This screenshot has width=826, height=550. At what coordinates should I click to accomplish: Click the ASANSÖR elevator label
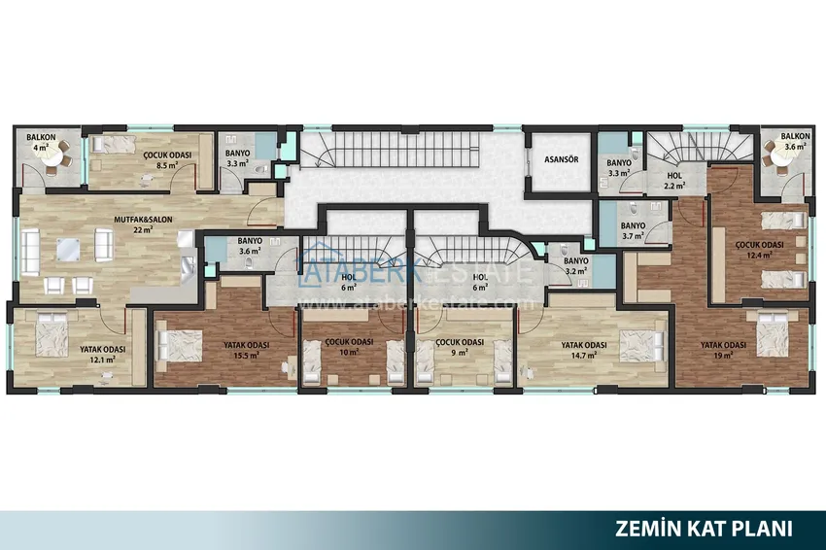pyautogui.click(x=561, y=159)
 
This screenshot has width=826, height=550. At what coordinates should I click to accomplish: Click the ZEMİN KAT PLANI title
pyautogui.click(x=704, y=529)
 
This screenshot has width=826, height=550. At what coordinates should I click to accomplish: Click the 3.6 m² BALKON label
pyautogui.click(x=796, y=141)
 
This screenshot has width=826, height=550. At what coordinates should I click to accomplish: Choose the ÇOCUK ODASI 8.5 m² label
pyautogui.click(x=167, y=160)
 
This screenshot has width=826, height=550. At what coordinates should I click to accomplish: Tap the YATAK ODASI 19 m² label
pyautogui.click(x=723, y=350)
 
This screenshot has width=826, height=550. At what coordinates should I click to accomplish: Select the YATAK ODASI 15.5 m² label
pyautogui.click(x=247, y=350)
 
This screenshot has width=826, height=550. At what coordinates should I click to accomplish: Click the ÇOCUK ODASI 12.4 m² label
pyautogui.click(x=759, y=250)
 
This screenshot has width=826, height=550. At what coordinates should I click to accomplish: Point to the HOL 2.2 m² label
pyautogui.click(x=674, y=180)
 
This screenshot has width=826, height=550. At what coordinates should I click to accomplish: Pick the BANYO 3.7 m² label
pyautogui.click(x=634, y=230)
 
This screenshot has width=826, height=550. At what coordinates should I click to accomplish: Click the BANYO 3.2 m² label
pyautogui.click(x=576, y=266)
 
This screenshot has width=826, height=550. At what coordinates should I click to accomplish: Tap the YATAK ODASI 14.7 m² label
pyautogui.click(x=584, y=350)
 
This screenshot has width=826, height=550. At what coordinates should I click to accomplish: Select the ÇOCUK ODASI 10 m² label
pyautogui.click(x=349, y=347)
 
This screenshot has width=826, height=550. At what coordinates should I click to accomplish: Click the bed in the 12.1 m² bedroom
pyautogui.click(x=52, y=335)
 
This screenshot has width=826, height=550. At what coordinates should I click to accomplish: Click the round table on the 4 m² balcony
pyautogui.click(x=53, y=155)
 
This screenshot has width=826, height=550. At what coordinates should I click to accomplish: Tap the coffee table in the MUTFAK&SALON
pyautogui.click(x=68, y=249)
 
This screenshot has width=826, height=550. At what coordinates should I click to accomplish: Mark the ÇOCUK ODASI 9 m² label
pyautogui.click(x=460, y=347)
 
